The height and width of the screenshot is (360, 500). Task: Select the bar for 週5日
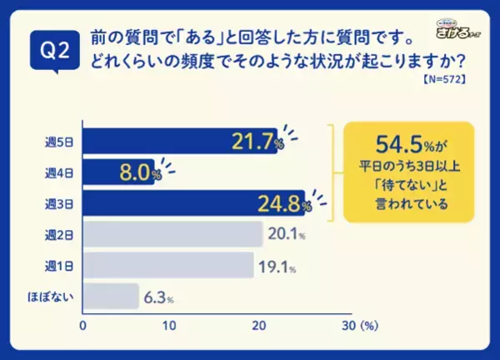point(179,140)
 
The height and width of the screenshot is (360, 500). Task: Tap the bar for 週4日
point(118,172)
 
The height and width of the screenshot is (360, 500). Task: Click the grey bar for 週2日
point(172,234)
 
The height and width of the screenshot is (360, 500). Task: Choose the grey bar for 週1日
point(167,265)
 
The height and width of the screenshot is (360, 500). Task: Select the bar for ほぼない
point(111,296)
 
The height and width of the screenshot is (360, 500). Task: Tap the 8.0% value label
point(137,172)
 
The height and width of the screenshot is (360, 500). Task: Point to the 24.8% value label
point(285,203)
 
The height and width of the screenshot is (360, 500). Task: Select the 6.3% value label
point(158,297)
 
